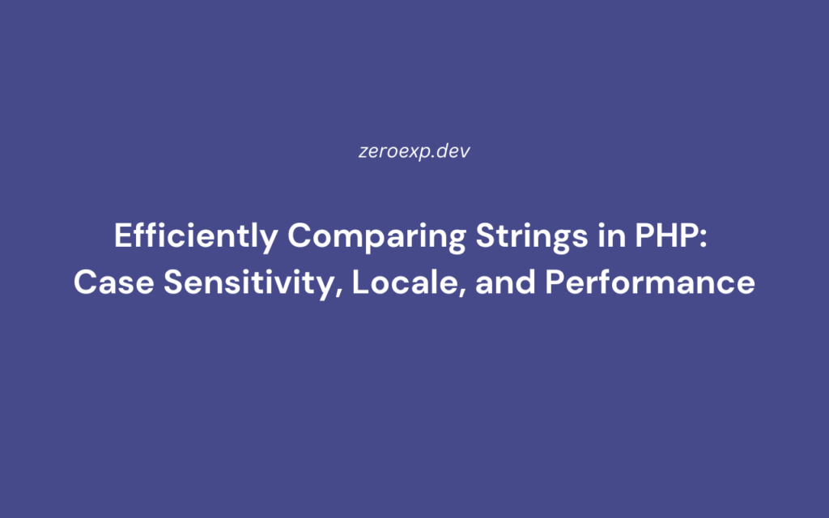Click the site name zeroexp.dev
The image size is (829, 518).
[414, 151]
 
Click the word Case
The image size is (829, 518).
[106, 283]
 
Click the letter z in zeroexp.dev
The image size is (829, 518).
[363, 152]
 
